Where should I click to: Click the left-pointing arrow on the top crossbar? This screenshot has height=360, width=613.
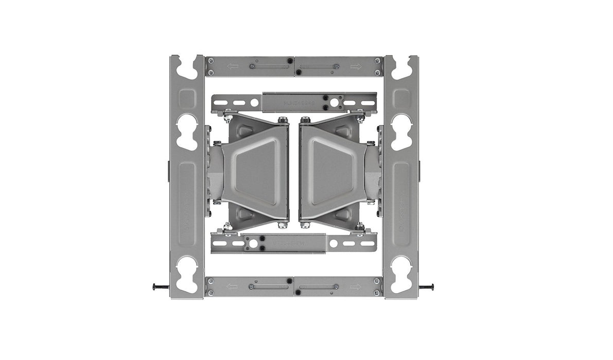pyautogui.click(x=233, y=66)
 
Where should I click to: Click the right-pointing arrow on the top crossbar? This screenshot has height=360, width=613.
pyautogui.click(x=356, y=66)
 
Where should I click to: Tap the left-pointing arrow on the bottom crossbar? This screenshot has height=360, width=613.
pyautogui.click(x=233, y=287)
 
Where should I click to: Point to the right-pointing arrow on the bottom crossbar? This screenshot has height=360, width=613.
pyautogui.click(x=356, y=287)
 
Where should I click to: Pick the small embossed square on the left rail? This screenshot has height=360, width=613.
pyautogui.click(x=187, y=98)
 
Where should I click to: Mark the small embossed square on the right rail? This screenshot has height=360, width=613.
pyautogui.click(x=401, y=98)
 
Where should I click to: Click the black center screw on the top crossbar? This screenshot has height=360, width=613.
pyautogui.click(x=291, y=61)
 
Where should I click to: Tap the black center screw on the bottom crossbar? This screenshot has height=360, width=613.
pyautogui.click(x=291, y=281)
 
